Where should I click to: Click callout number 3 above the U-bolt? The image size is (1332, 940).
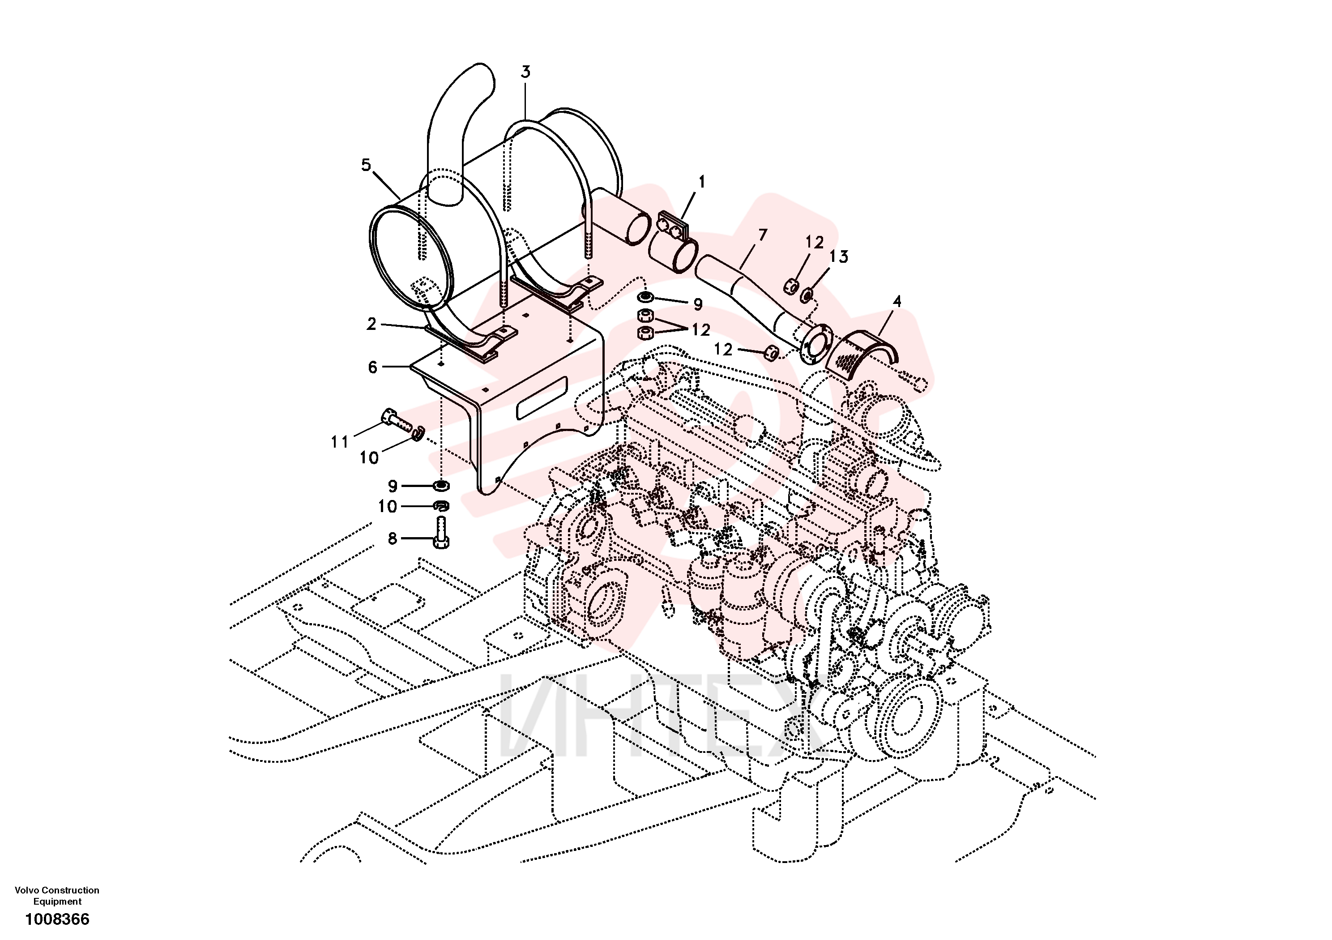[525, 72]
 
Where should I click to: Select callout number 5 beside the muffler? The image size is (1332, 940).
[366, 165]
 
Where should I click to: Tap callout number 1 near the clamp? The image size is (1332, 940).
[701, 182]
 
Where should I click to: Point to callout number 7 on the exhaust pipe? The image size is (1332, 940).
[762, 235]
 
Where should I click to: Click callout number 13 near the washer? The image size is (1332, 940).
[839, 256]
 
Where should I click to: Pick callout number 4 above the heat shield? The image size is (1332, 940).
[897, 301]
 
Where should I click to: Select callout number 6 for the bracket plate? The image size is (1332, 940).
[372, 367]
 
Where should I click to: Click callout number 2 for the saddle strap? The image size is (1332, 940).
[371, 324]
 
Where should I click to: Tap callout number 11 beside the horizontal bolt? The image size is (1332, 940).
[339, 442]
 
